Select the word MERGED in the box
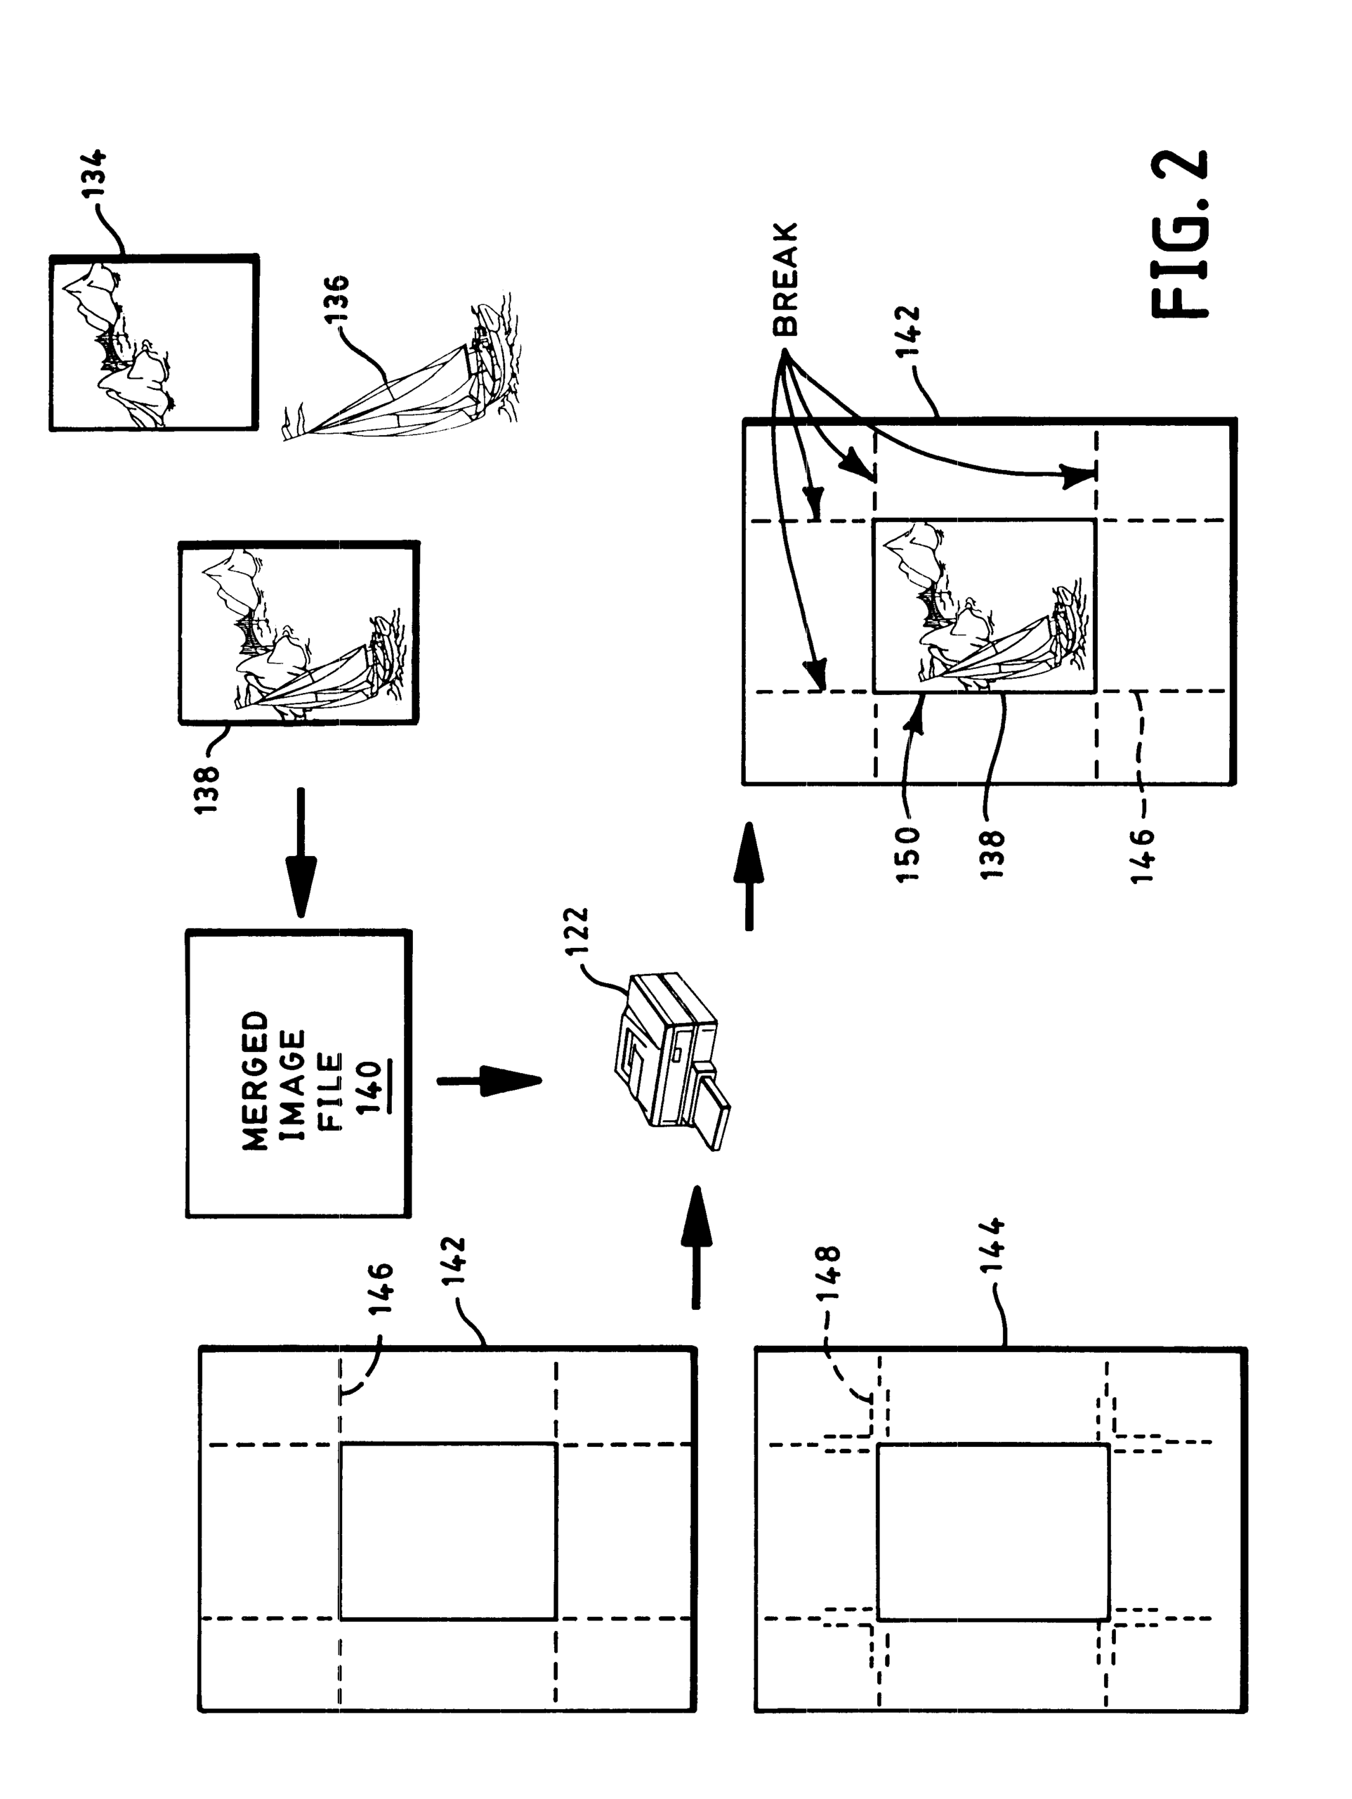point(255,1081)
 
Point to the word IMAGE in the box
point(293,1085)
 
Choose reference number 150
point(909,854)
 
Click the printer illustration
point(671,1058)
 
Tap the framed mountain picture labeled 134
point(154,342)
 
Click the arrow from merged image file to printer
point(489,1081)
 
